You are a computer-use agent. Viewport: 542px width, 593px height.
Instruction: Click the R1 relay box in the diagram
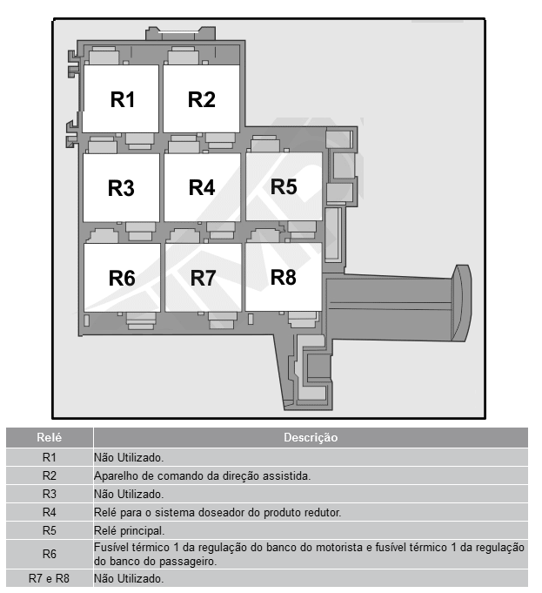pyautogui.click(x=121, y=98)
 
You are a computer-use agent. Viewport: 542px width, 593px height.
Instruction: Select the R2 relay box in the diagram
pyautogui.click(x=202, y=98)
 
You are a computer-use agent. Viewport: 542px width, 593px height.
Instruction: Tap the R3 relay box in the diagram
pyautogui.click(x=121, y=187)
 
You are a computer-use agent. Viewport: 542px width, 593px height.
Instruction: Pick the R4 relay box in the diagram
pyautogui.click(x=202, y=187)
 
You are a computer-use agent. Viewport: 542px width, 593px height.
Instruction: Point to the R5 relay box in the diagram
pyautogui.click(x=284, y=186)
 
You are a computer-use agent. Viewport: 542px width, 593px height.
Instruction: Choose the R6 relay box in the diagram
pyautogui.click(x=122, y=278)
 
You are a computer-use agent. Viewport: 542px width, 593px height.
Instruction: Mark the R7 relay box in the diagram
pyautogui.click(x=204, y=278)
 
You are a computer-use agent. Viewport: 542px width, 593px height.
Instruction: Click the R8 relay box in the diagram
pyautogui.click(x=284, y=277)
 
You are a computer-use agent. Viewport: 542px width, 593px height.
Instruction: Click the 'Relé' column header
pyautogui.click(x=49, y=437)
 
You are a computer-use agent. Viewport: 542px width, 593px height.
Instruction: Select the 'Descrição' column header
pyautogui.click(x=311, y=437)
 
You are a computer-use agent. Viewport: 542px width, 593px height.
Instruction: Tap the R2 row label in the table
pyautogui.click(x=49, y=475)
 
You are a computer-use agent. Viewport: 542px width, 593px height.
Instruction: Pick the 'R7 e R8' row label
pyautogui.click(x=49, y=578)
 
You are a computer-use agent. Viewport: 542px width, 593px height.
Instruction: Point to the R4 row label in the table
pyautogui.click(x=49, y=512)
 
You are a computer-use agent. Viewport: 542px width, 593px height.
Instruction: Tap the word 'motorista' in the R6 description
pyautogui.click(x=338, y=548)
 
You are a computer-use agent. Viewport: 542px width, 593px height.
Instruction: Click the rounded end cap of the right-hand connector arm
pyautogui.click(x=462, y=303)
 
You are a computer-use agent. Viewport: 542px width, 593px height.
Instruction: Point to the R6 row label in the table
pyautogui.click(x=49, y=554)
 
